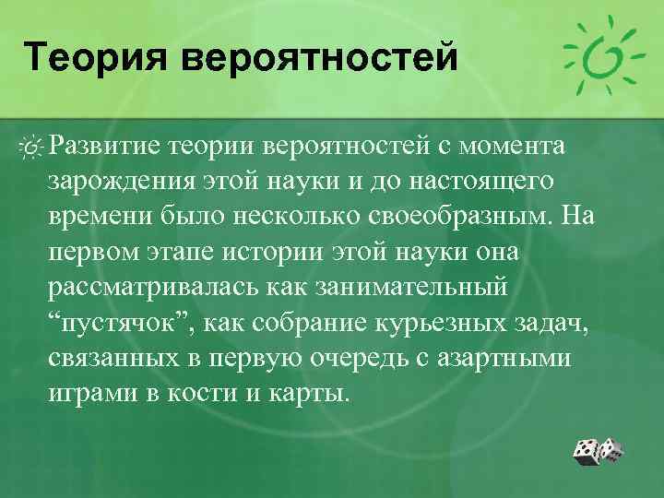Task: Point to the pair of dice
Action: coord(597,451)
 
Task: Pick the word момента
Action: coord(518,146)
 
